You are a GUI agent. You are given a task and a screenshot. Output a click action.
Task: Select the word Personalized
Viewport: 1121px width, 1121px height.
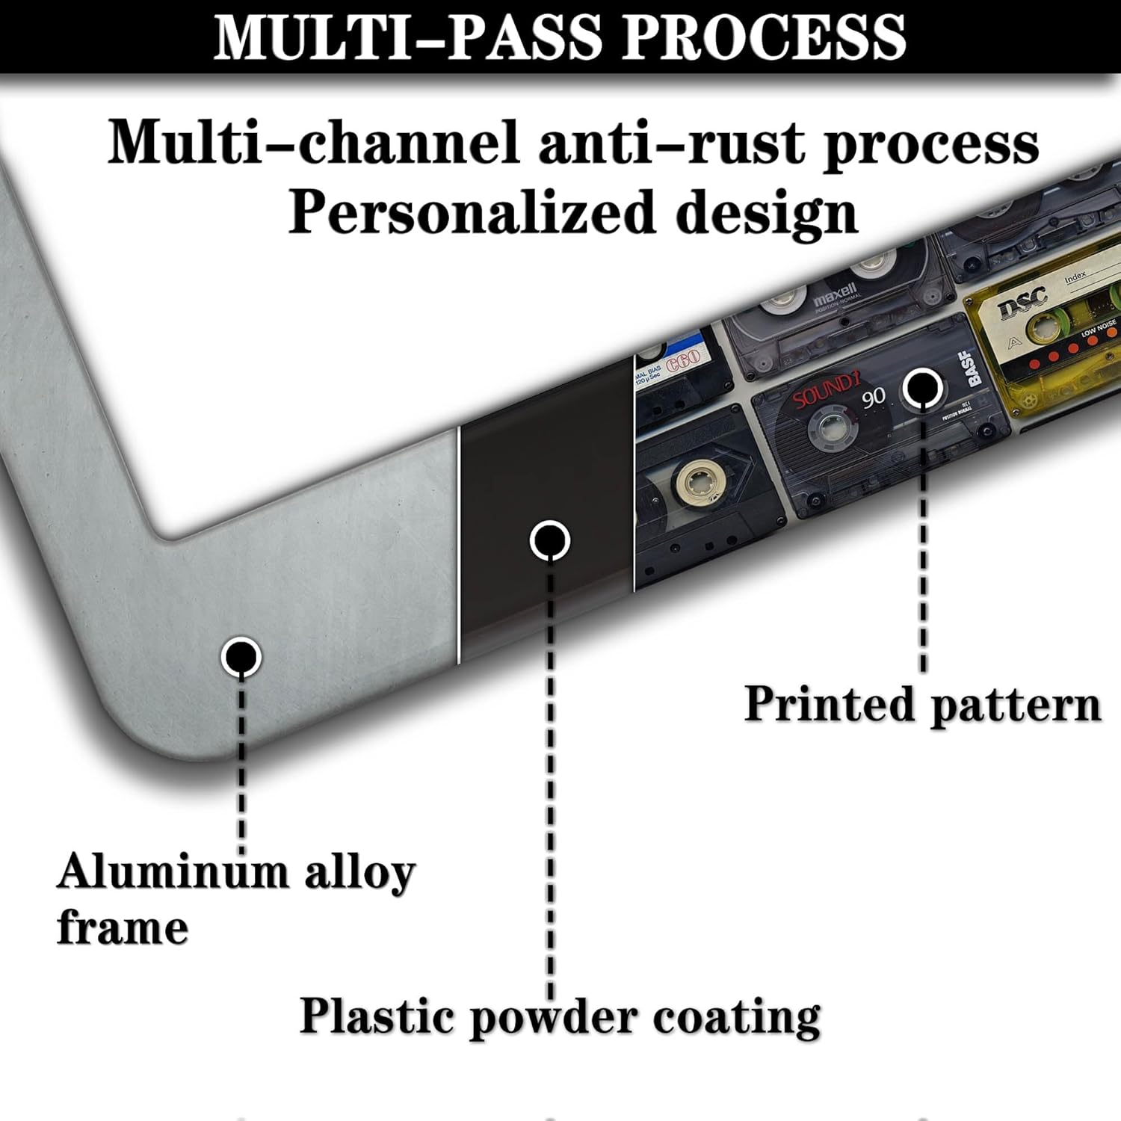tap(472, 212)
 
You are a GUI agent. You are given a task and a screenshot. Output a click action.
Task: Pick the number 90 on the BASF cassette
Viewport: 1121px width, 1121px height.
tap(873, 399)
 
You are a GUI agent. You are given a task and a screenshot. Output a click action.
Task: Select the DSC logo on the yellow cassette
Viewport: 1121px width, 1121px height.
tap(1023, 303)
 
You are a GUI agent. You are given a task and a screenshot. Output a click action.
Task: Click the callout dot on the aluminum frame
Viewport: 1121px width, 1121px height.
tap(241, 657)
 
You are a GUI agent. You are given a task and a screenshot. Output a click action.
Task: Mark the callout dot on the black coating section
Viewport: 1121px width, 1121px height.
tap(549, 540)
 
